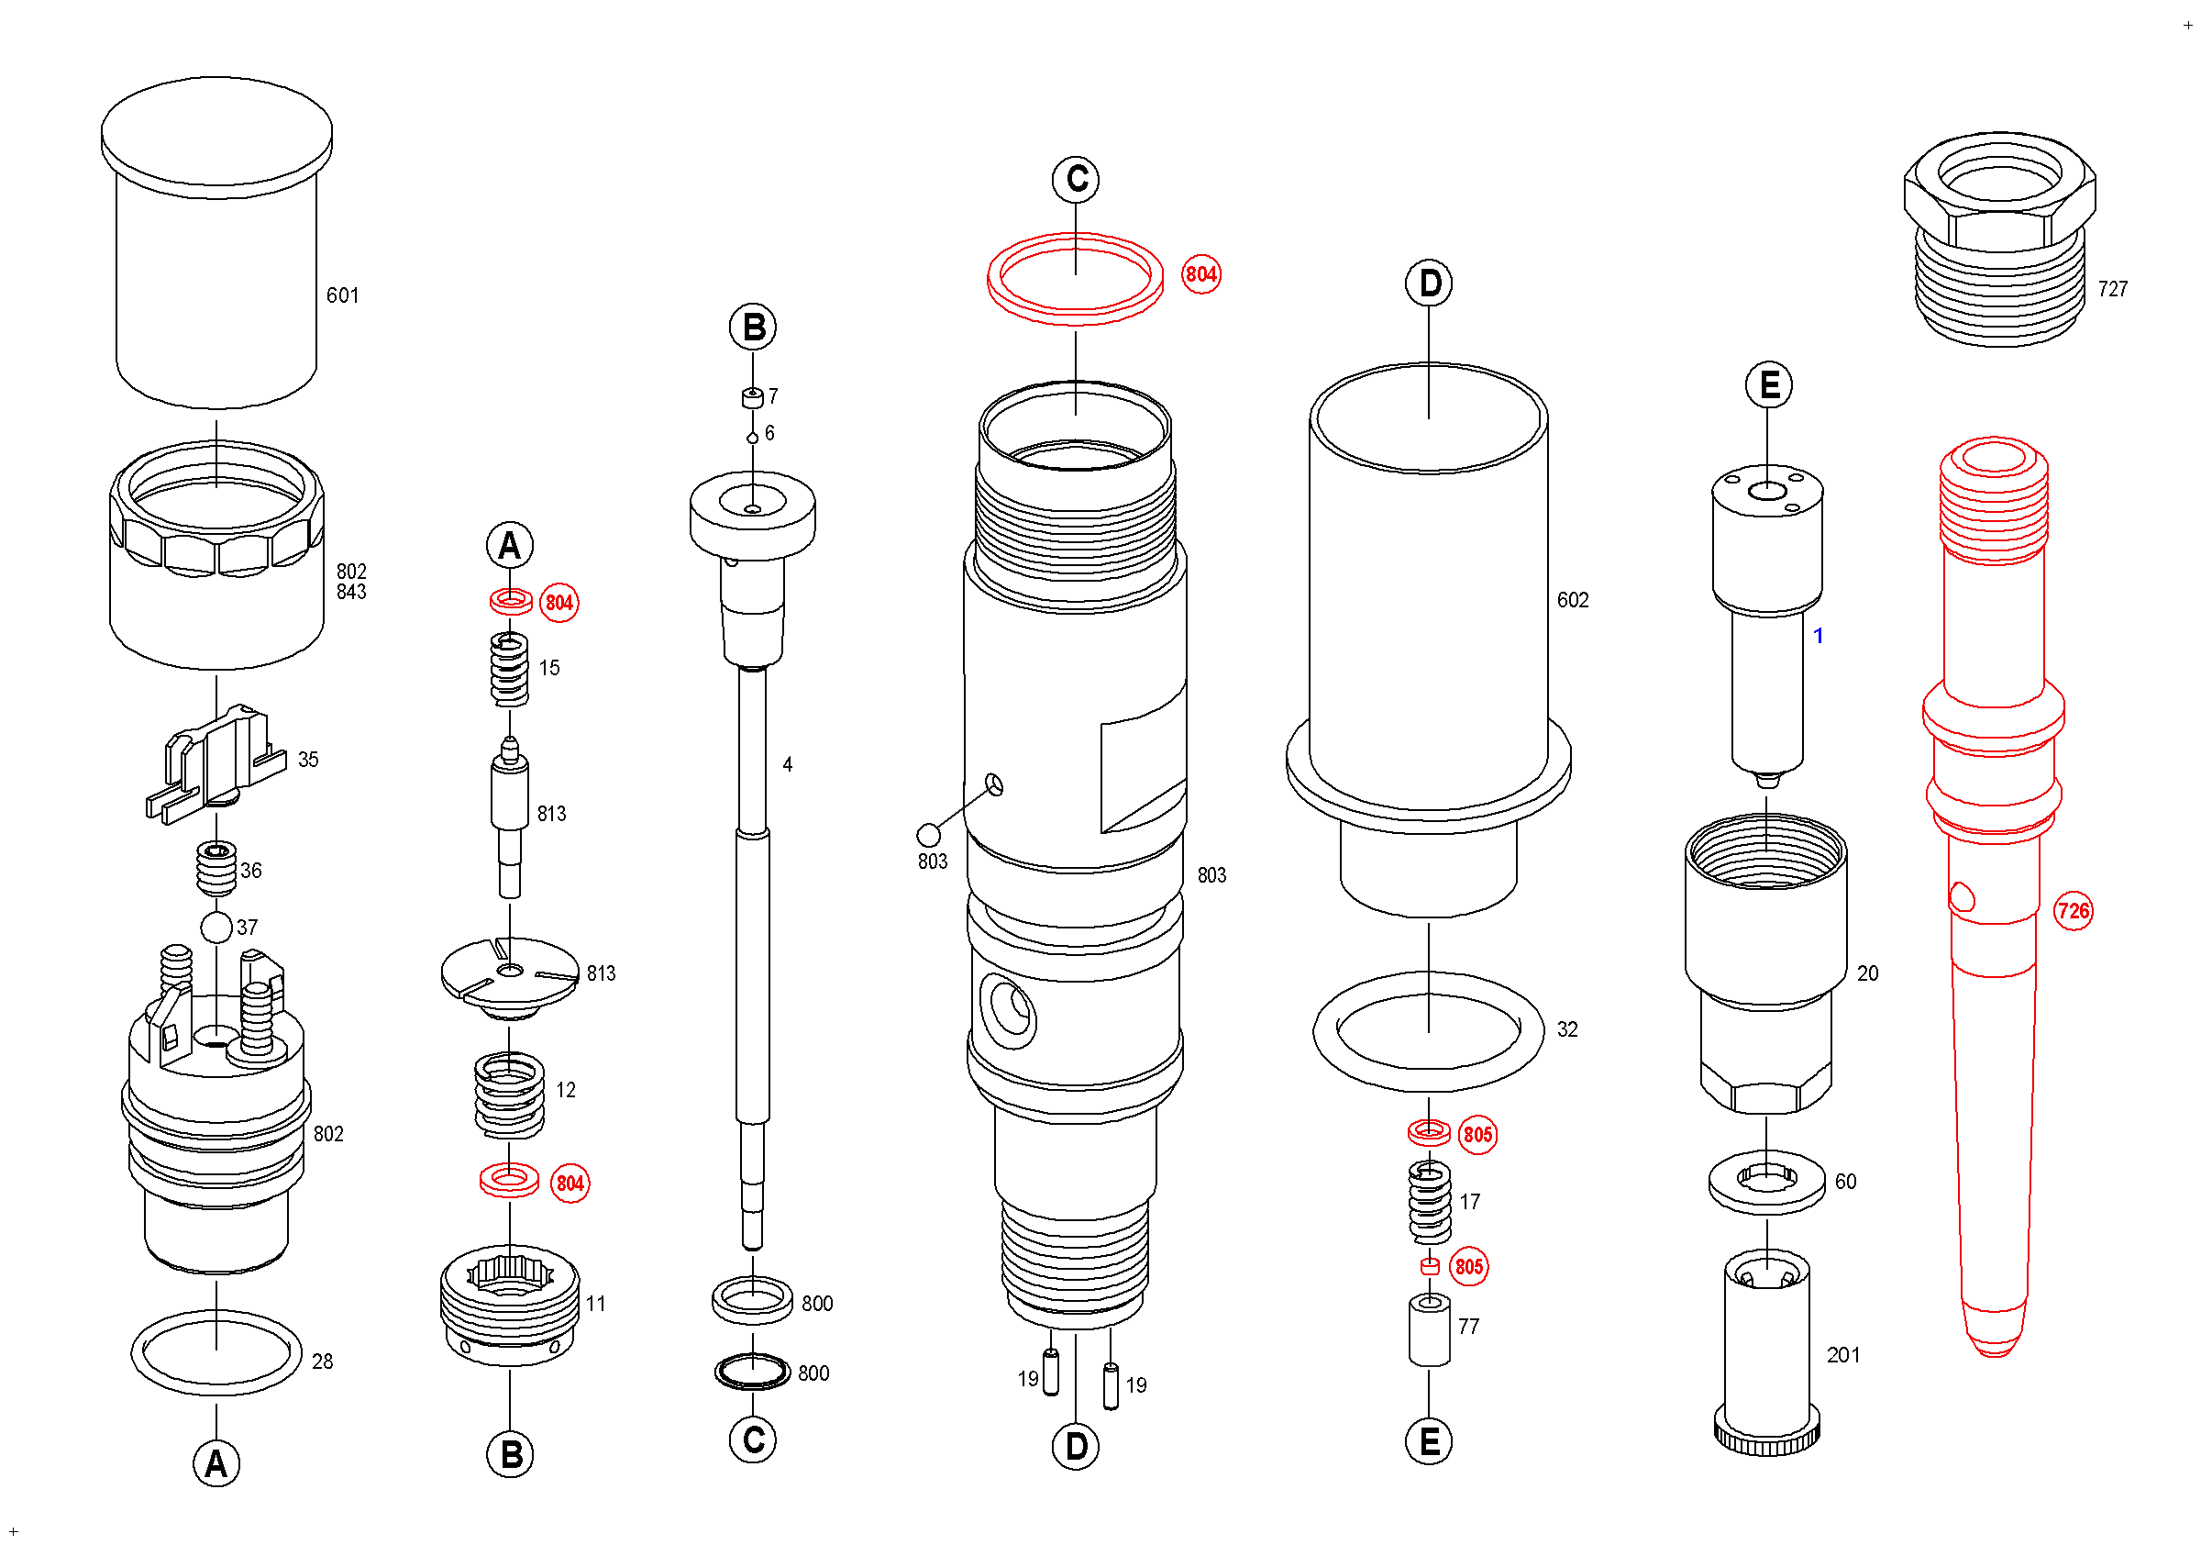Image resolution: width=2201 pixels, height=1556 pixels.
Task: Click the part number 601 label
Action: click(x=342, y=295)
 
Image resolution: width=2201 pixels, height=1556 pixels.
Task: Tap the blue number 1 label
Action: click(x=1818, y=636)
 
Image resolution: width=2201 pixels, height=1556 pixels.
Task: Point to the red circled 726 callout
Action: click(x=2073, y=910)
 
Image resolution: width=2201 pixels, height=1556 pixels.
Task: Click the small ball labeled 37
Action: click(x=216, y=927)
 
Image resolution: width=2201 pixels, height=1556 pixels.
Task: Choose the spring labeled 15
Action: click(x=509, y=669)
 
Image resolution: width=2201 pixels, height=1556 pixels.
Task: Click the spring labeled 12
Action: click(x=509, y=1095)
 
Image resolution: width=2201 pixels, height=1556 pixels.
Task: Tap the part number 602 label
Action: click(x=1572, y=600)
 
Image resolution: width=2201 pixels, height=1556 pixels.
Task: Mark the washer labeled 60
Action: click(x=1766, y=1181)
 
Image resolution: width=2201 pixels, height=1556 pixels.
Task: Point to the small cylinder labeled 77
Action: click(x=1428, y=1330)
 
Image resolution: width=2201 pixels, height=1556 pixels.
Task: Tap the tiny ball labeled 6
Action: click(x=753, y=439)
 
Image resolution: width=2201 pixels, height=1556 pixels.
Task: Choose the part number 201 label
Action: click(x=1842, y=1355)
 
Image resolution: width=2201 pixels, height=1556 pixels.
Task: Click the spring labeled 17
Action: click(x=1428, y=1202)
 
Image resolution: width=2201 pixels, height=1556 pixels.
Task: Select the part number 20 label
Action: click(x=1867, y=973)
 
